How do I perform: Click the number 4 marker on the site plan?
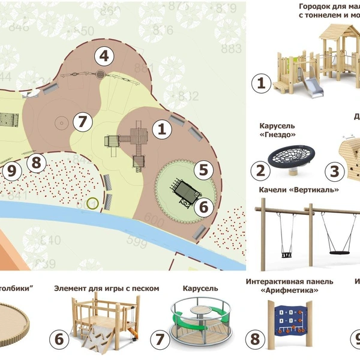coord(104,57)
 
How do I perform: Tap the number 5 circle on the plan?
coord(203,170)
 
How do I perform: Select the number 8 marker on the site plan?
coord(37,162)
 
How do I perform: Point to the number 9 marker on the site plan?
coord(11,170)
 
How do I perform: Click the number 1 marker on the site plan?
coord(161,128)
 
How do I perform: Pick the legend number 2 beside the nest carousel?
coord(260,170)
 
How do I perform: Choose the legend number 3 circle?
coord(334,170)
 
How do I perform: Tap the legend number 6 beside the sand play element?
coord(59,340)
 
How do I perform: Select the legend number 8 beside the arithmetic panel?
coord(255,340)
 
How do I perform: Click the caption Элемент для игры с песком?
coord(107,289)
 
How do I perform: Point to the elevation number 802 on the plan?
coord(188,97)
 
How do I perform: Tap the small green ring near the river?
coord(92,203)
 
